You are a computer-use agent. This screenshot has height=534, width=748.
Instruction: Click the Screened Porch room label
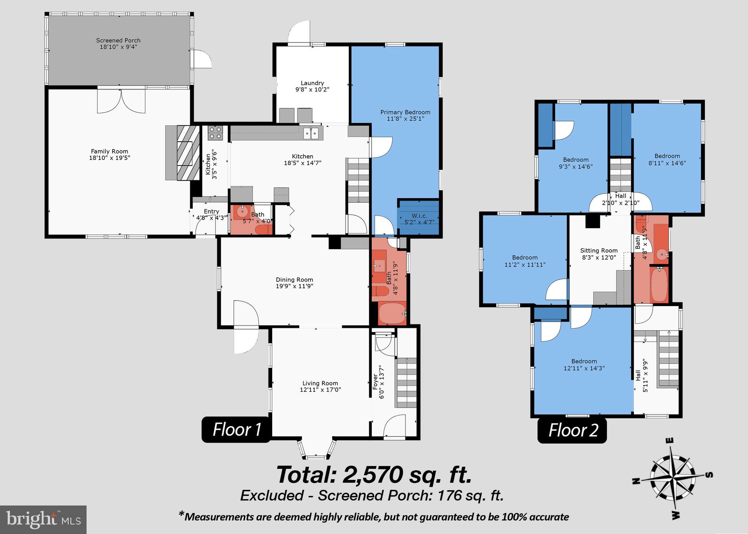pyautogui.click(x=118, y=41)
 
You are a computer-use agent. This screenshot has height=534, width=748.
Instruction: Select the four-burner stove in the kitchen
pyautogui.click(x=215, y=133)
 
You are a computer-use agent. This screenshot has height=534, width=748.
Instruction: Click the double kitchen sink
pyautogui.click(x=311, y=133)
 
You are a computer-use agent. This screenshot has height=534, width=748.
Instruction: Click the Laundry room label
pyautogui.click(x=312, y=83)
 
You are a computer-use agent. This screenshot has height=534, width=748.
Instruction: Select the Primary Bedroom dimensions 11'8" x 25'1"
pyautogui.click(x=405, y=119)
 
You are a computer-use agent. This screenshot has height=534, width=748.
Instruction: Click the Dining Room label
pyautogui.click(x=294, y=280)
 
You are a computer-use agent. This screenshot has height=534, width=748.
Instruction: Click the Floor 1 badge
pyautogui.click(x=236, y=430)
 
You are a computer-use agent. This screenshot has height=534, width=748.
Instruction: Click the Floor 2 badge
pyautogui.click(x=572, y=430)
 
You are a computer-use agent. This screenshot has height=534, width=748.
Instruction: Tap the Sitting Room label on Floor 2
pyautogui.click(x=599, y=251)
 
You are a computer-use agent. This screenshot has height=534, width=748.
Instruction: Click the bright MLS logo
pyautogui.click(x=43, y=519)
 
